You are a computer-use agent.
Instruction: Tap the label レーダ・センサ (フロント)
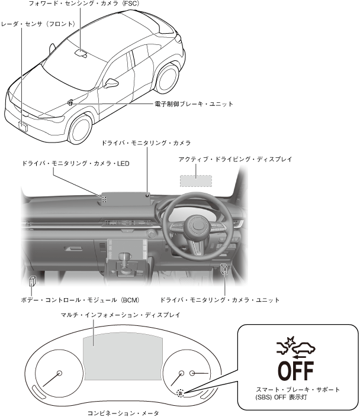(x=38, y=24)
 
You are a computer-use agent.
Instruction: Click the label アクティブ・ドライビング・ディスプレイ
(x=235, y=159)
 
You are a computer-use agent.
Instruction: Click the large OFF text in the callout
(x=296, y=370)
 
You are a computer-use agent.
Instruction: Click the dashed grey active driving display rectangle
(x=195, y=180)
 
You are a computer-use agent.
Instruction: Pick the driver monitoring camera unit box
(x=224, y=269)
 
